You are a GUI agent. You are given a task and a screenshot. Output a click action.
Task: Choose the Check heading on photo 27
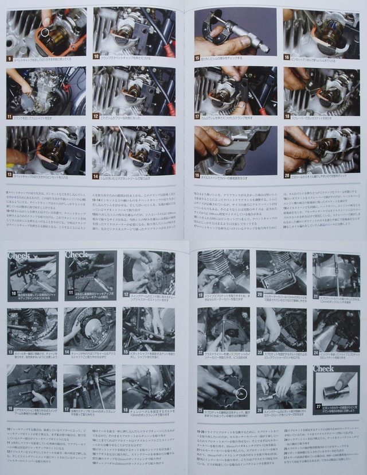point(324,369)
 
